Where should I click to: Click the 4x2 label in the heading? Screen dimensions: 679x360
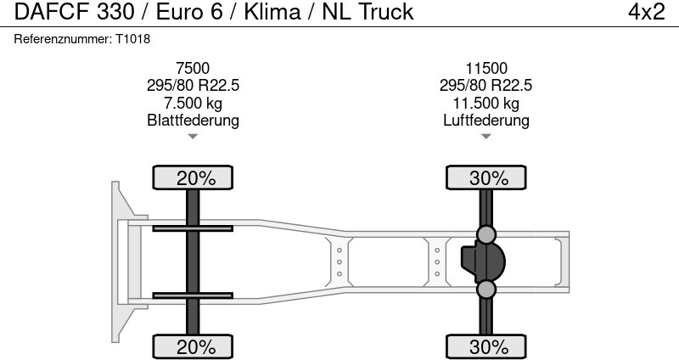click(646, 12)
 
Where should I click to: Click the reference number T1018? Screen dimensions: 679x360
click(132, 39)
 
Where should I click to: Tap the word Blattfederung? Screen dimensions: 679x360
click(193, 120)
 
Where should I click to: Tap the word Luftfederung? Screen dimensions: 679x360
click(485, 120)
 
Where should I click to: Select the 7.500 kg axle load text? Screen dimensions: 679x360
click(193, 103)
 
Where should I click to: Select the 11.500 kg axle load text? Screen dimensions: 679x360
click(485, 103)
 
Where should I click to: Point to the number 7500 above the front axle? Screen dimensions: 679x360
click(193, 68)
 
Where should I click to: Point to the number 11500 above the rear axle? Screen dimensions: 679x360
click(485, 68)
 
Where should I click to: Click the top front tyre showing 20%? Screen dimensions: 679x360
click(193, 177)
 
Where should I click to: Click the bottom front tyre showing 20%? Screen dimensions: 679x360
click(193, 346)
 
